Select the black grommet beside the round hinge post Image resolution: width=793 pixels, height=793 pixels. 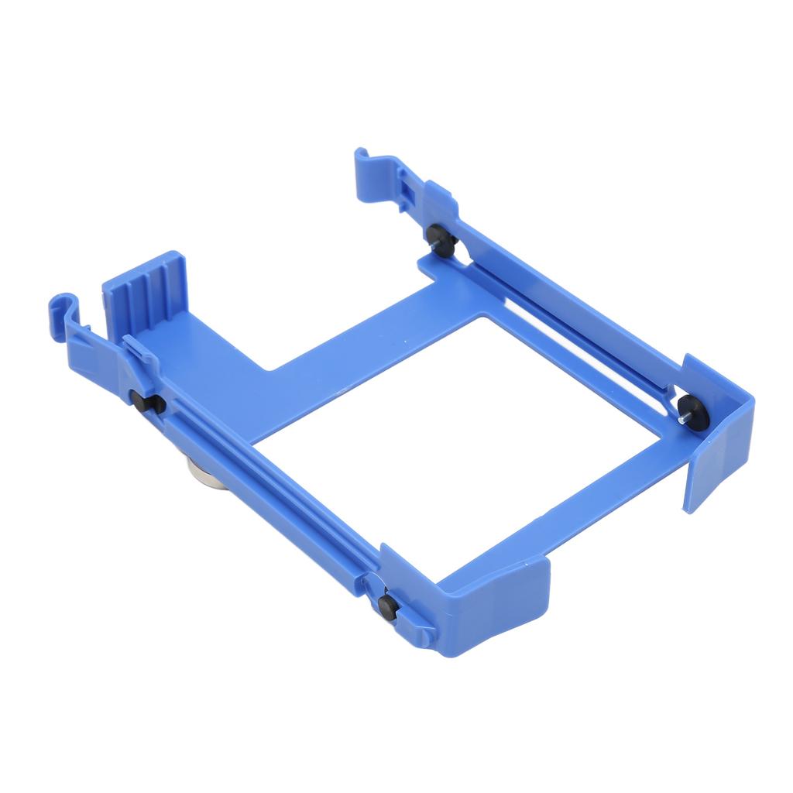[x=388, y=606]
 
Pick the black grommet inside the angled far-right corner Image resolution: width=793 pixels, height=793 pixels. [x=692, y=413]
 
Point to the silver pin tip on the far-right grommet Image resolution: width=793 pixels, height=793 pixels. [x=681, y=419]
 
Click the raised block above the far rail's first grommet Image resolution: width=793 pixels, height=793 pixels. [x=439, y=199]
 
